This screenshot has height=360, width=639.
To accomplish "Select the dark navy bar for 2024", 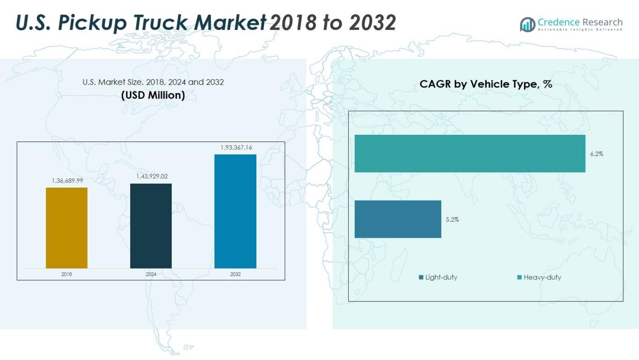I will (151, 226).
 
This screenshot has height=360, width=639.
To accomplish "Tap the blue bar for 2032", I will (235, 211).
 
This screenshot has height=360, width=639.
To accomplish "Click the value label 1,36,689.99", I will (67, 180).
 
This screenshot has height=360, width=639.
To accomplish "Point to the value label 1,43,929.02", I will (152, 176).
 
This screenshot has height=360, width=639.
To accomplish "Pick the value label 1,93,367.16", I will (236, 147).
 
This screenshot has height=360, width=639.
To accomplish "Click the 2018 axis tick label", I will (67, 274).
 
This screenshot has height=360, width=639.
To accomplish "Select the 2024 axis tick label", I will (151, 274).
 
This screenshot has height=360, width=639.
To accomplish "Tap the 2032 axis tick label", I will (235, 274).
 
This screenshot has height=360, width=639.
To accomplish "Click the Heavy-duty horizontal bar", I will (470, 154).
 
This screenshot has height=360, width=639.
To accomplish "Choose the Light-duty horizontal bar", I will (398, 219).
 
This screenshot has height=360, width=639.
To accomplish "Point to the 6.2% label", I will (596, 154).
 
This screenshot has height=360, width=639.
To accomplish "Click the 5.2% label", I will (452, 219).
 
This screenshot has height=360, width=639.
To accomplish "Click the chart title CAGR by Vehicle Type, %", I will (486, 84).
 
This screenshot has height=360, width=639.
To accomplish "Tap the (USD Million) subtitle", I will (153, 95).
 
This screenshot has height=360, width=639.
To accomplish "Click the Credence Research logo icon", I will (528, 24).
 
